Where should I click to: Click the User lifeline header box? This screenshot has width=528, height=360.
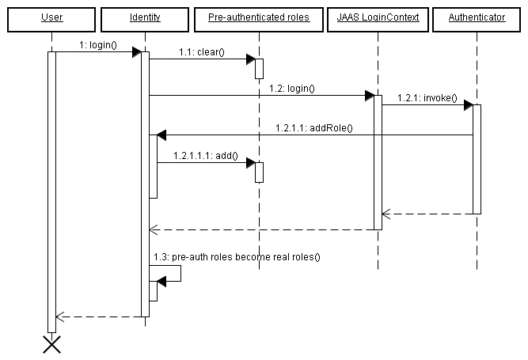click(51, 17)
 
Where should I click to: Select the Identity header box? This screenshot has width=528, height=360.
click(144, 17)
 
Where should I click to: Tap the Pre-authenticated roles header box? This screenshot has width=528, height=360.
click(258, 17)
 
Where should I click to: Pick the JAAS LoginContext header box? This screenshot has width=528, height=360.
click(377, 17)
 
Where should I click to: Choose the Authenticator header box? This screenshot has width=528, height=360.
click(477, 17)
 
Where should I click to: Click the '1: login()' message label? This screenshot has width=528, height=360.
click(98, 45)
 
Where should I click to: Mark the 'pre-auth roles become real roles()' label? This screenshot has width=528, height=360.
click(237, 257)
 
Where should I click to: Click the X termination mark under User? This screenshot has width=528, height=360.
click(51, 344)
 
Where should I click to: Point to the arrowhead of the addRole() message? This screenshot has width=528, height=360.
click(161, 135)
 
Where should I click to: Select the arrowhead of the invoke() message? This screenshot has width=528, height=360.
click(468, 105)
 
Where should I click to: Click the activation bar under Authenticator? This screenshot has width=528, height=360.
click(477, 158)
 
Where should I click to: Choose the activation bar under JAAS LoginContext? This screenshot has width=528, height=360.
click(378, 162)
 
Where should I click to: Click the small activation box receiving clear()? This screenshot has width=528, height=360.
click(259, 68)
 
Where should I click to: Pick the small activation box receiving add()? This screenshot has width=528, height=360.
click(259, 172)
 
